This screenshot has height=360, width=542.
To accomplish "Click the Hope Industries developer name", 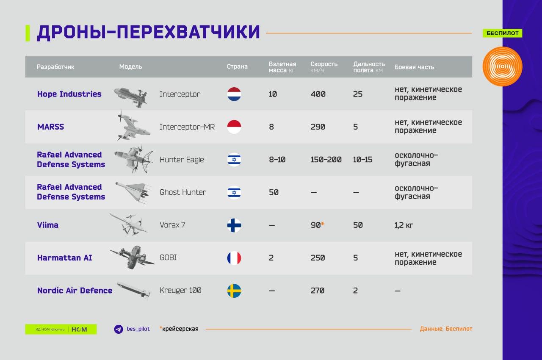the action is pyautogui.click(x=69, y=94).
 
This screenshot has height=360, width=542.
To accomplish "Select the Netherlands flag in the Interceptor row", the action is pyautogui.click(x=234, y=94).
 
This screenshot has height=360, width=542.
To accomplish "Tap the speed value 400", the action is pyautogui.click(x=318, y=94).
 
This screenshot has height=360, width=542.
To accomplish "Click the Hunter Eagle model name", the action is pyautogui.click(x=182, y=160).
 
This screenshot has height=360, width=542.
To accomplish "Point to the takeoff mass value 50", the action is pyautogui.click(x=274, y=192).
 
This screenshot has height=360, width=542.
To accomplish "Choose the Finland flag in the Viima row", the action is pyautogui.click(x=234, y=225).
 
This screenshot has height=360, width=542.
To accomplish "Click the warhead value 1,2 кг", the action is pyautogui.click(x=404, y=225).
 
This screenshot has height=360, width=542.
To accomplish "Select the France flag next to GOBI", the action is pyautogui.click(x=234, y=258).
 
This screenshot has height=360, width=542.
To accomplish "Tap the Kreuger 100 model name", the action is pyautogui.click(x=180, y=290).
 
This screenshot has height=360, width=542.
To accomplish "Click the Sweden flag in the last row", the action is pyautogui.click(x=234, y=291).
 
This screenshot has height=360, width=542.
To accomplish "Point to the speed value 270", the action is pyautogui.click(x=318, y=291).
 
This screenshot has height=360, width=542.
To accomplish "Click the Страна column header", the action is pyautogui.click(x=237, y=66).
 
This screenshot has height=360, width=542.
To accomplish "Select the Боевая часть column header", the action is pyautogui.click(x=414, y=67).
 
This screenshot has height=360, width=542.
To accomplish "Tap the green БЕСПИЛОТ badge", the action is pyautogui.click(x=502, y=33).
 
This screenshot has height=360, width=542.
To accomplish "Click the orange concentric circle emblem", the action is pyautogui.click(x=502, y=66).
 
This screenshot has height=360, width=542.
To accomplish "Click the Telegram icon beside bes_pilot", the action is pyautogui.click(x=119, y=329).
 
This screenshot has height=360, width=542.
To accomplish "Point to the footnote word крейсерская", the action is pyautogui.click(x=180, y=329).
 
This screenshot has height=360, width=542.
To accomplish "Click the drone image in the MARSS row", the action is pyautogui.click(x=133, y=126).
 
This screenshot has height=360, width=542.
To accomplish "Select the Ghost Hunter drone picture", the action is pyautogui.click(x=133, y=193).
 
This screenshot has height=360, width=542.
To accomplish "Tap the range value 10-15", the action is pyautogui.click(x=362, y=160).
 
